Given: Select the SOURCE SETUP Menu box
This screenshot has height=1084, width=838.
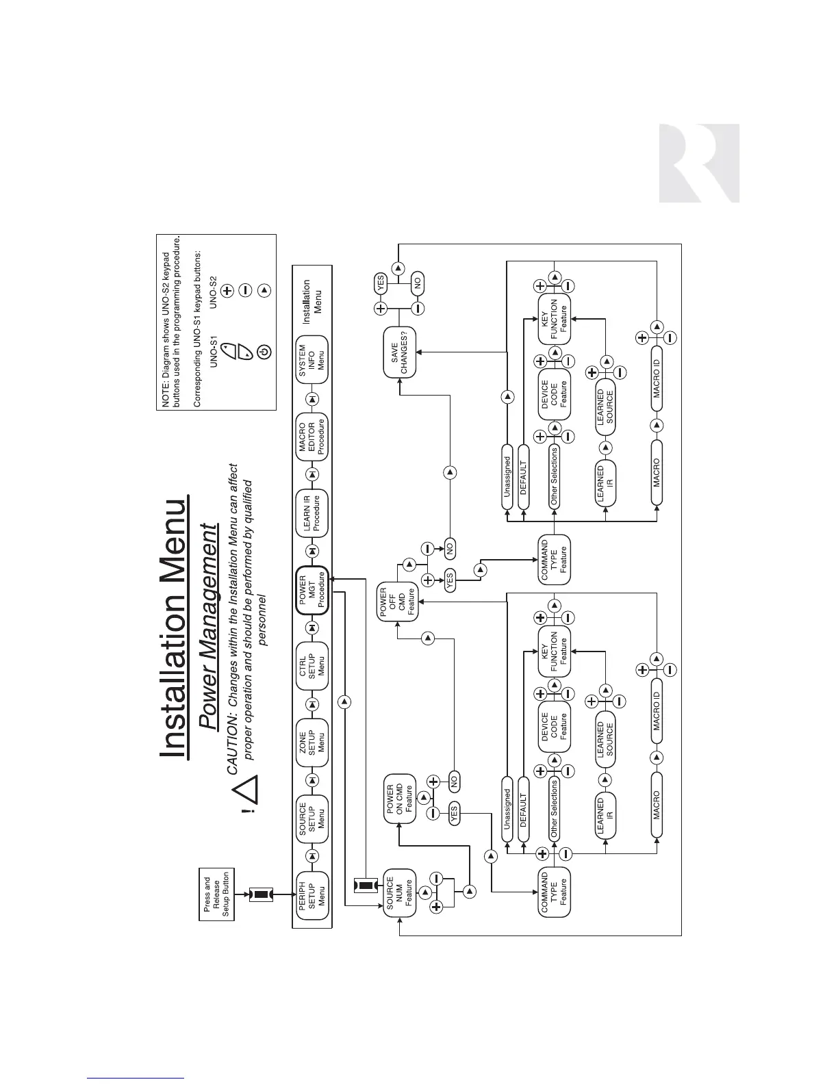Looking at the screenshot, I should [312, 818].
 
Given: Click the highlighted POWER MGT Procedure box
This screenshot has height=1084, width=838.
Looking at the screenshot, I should [312, 589].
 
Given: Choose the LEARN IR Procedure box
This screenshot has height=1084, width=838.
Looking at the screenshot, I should [312, 513].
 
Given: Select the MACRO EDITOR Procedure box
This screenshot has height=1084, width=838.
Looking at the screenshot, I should [312, 435].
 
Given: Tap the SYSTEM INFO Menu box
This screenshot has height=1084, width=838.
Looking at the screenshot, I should [312, 359].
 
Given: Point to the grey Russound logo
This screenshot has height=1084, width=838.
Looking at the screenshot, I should [699, 163].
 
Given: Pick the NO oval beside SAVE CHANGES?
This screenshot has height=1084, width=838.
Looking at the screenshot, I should [418, 282].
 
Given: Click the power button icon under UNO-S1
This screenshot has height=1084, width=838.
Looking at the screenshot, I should [264, 352].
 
